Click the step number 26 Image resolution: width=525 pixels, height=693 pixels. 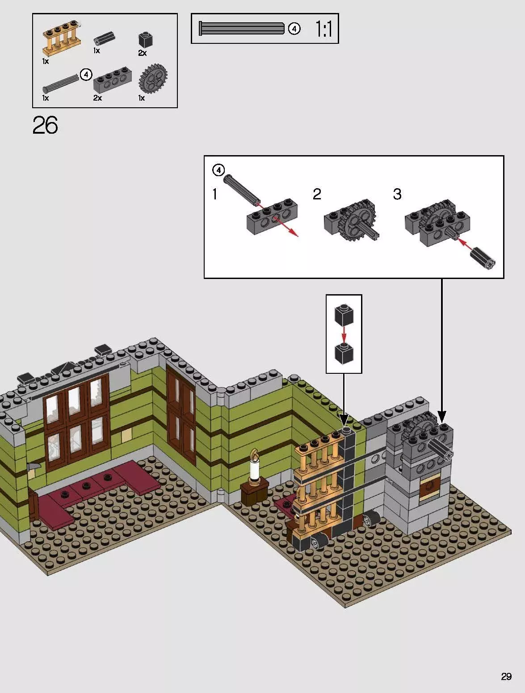click(x=45, y=126)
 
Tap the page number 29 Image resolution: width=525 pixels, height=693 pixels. click(x=506, y=676)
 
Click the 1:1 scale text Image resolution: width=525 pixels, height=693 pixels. click(x=323, y=29)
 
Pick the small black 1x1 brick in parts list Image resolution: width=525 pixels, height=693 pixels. click(x=145, y=40)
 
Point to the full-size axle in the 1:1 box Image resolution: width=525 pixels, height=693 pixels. click(x=241, y=29)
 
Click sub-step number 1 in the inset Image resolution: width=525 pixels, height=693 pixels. click(x=215, y=194)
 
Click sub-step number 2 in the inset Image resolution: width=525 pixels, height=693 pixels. click(x=317, y=194)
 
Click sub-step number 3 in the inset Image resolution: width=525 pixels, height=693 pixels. click(x=397, y=194)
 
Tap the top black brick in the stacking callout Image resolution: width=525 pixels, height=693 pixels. click(x=344, y=314)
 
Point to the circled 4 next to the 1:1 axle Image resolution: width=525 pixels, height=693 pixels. click(x=294, y=29)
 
